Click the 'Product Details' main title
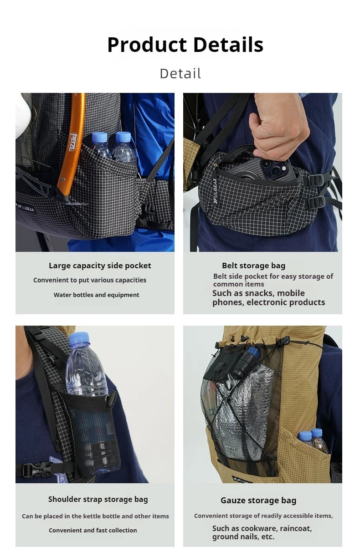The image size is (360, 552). point(185,45)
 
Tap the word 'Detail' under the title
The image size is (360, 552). point(180,73)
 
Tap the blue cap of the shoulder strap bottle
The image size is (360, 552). point(79,338)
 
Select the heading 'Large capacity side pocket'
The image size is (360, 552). point(100,266)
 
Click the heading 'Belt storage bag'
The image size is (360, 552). point(253,266)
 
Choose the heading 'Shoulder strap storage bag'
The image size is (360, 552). point(98,499)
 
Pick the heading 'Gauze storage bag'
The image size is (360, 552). point(258,501)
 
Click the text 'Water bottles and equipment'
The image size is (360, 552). point(97,295)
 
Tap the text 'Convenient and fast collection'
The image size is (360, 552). point(93,530)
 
